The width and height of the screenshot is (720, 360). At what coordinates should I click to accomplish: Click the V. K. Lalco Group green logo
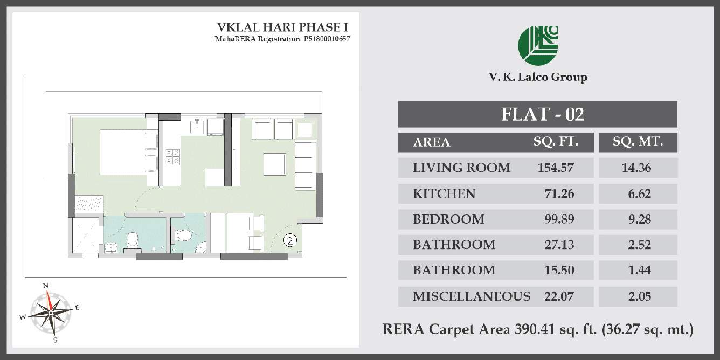[x=538, y=45]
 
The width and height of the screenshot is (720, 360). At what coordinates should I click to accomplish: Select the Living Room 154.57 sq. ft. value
[x=556, y=168]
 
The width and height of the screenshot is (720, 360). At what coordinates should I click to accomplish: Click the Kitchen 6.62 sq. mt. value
[x=639, y=193]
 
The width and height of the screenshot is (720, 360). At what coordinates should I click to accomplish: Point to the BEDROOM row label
[x=448, y=219]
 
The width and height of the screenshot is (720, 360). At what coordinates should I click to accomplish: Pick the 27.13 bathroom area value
[x=556, y=245]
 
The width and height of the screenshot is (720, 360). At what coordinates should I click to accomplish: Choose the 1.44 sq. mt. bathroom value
[x=639, y=270]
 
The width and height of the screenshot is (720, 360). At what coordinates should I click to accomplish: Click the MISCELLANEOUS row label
[x=472, y=296]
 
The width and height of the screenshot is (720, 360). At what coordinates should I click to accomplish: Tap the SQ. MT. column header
[x=638, y=142]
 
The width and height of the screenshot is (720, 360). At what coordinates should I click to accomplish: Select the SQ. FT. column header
[x=556, y=142]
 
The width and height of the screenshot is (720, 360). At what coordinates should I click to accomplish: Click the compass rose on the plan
[x=50, y=311]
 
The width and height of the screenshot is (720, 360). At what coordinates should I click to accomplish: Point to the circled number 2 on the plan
[x=290, y=241]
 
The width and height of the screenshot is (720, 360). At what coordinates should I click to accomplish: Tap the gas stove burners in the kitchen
[x=172, y=157]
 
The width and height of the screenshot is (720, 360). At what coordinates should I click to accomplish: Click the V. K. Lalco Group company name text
[x=538, y=77]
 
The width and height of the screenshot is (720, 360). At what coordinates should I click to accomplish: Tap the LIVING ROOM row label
[x=461, y=168]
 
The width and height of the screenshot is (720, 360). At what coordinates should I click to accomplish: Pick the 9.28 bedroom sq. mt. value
[x=639, y=219]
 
